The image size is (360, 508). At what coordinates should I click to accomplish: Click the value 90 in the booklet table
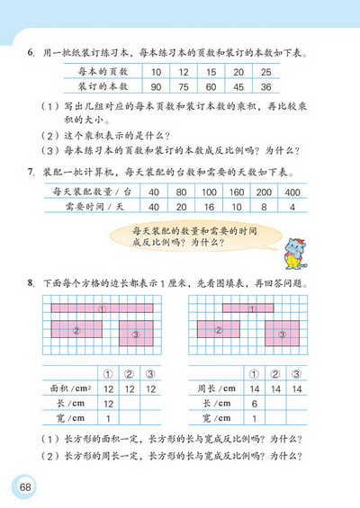point(157,87)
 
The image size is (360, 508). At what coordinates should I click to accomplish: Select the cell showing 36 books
point(265,87)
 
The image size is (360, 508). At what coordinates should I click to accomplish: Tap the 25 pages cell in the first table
point(265,71)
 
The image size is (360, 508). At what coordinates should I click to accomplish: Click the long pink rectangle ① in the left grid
point(103,308)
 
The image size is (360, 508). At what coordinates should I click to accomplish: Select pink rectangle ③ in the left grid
point(136,334)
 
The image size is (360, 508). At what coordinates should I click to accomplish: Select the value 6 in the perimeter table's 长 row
point(254,404)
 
